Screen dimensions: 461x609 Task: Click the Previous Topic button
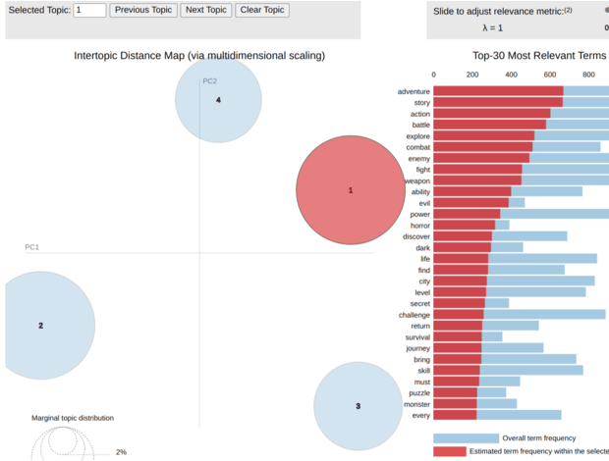coord(143,10)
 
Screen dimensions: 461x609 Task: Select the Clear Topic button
coord(262,10)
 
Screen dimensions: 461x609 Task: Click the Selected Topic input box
coord(89,10)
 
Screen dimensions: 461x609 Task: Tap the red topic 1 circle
coord(351,190)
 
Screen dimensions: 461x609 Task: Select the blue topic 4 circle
coord(218,100)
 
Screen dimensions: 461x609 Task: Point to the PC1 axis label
coord(31,247)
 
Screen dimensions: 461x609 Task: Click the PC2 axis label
coord(210,80)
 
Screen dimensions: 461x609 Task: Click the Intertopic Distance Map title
coord(199,56)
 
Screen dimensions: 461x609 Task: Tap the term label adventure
coord(414,92)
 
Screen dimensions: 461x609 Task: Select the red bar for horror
coord(465,226)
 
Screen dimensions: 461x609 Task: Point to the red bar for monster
coord(455,404)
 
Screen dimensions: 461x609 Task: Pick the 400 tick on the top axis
coord(511,74)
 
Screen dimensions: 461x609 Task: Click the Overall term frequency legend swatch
coord(466,437)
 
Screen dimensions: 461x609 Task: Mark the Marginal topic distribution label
coord(73,418)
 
